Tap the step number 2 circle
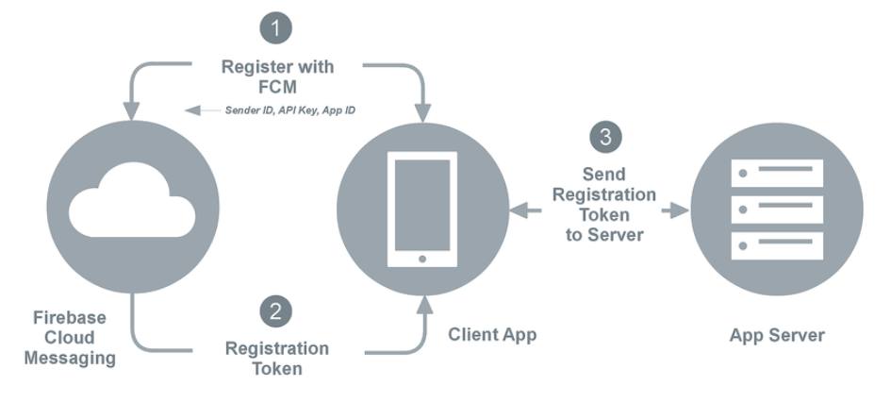point(276,311)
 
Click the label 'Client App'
point(492,334)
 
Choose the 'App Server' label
point(777,335)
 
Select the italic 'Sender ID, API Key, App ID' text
point(282,109)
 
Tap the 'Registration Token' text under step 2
point(277,358)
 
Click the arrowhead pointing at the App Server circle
point(677,210)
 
